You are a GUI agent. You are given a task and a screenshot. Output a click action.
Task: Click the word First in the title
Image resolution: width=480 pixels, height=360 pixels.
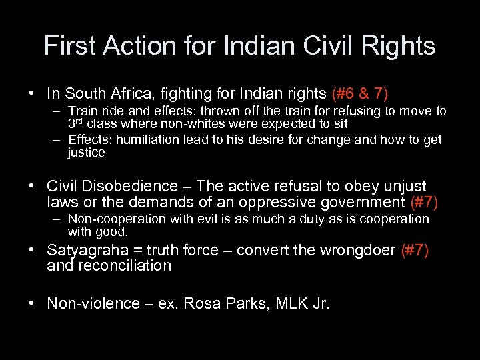[67, 46]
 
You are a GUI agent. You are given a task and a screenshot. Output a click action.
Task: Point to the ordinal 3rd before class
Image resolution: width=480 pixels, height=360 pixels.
[77, 123]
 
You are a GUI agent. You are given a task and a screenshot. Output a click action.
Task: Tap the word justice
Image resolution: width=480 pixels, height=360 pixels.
[86, 152]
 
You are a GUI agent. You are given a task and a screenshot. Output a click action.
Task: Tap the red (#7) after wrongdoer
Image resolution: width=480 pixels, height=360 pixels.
[414, 250]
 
